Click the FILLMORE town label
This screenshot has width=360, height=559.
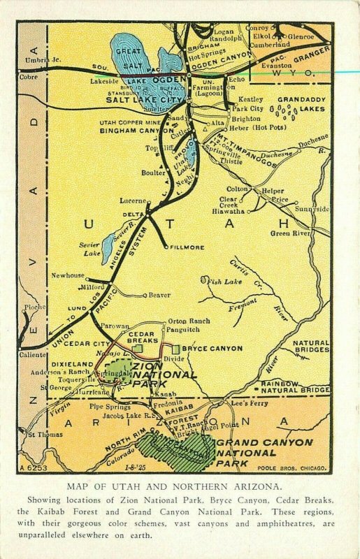point(188,247)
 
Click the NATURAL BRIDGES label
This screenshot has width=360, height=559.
point(310,347)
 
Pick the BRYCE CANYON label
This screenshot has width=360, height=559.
point(212,348)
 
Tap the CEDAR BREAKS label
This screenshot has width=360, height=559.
point(142,337)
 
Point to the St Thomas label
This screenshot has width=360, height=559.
point(41,434)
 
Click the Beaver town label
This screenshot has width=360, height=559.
point(159,295)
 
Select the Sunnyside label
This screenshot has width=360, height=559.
point(312,208)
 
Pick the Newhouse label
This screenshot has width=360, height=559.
point(67,275)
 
